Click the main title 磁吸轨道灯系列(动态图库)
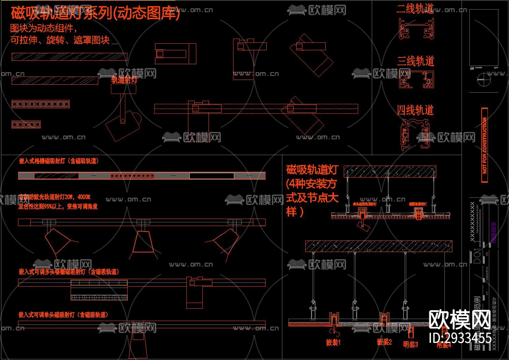click(95, 14)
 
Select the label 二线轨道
click(415, 9)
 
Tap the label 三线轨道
click(415, 61)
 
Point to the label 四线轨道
click(415, 110)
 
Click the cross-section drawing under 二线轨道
click(416, 28)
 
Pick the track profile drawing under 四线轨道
click(415, 135)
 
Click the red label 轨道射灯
click(124, 80)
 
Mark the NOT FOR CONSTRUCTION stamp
click(484, 145)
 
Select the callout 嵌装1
click(333, 342)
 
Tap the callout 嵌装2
click(384, 342)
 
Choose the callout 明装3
click(410, 345)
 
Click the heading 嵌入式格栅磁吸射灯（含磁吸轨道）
click(59, 161)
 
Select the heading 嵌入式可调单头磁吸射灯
click(63, 315)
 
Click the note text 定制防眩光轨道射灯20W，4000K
click(55, 197)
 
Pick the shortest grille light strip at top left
click(26, 125)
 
